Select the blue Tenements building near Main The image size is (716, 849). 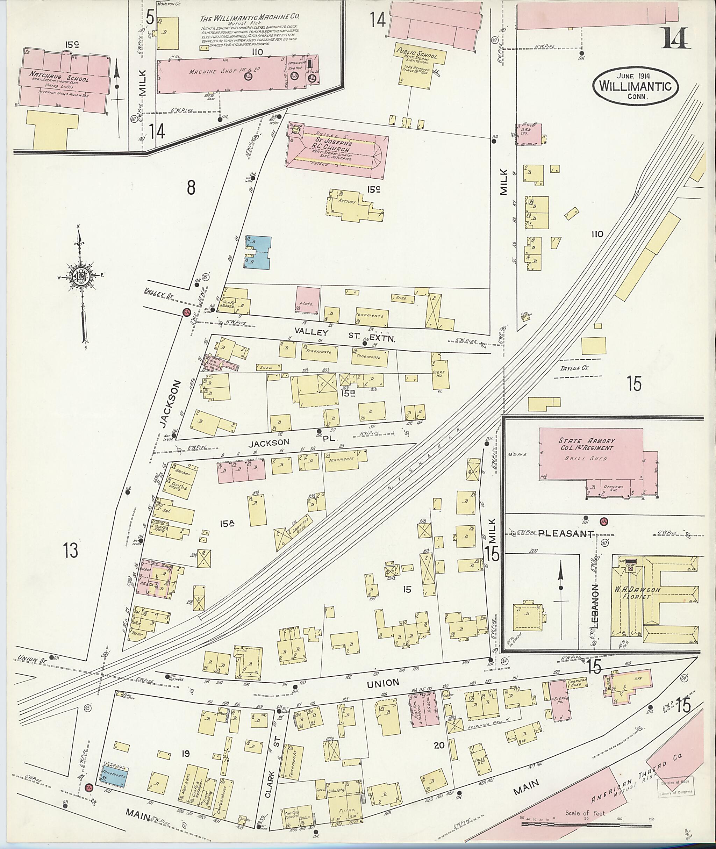(x=114, y=775)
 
